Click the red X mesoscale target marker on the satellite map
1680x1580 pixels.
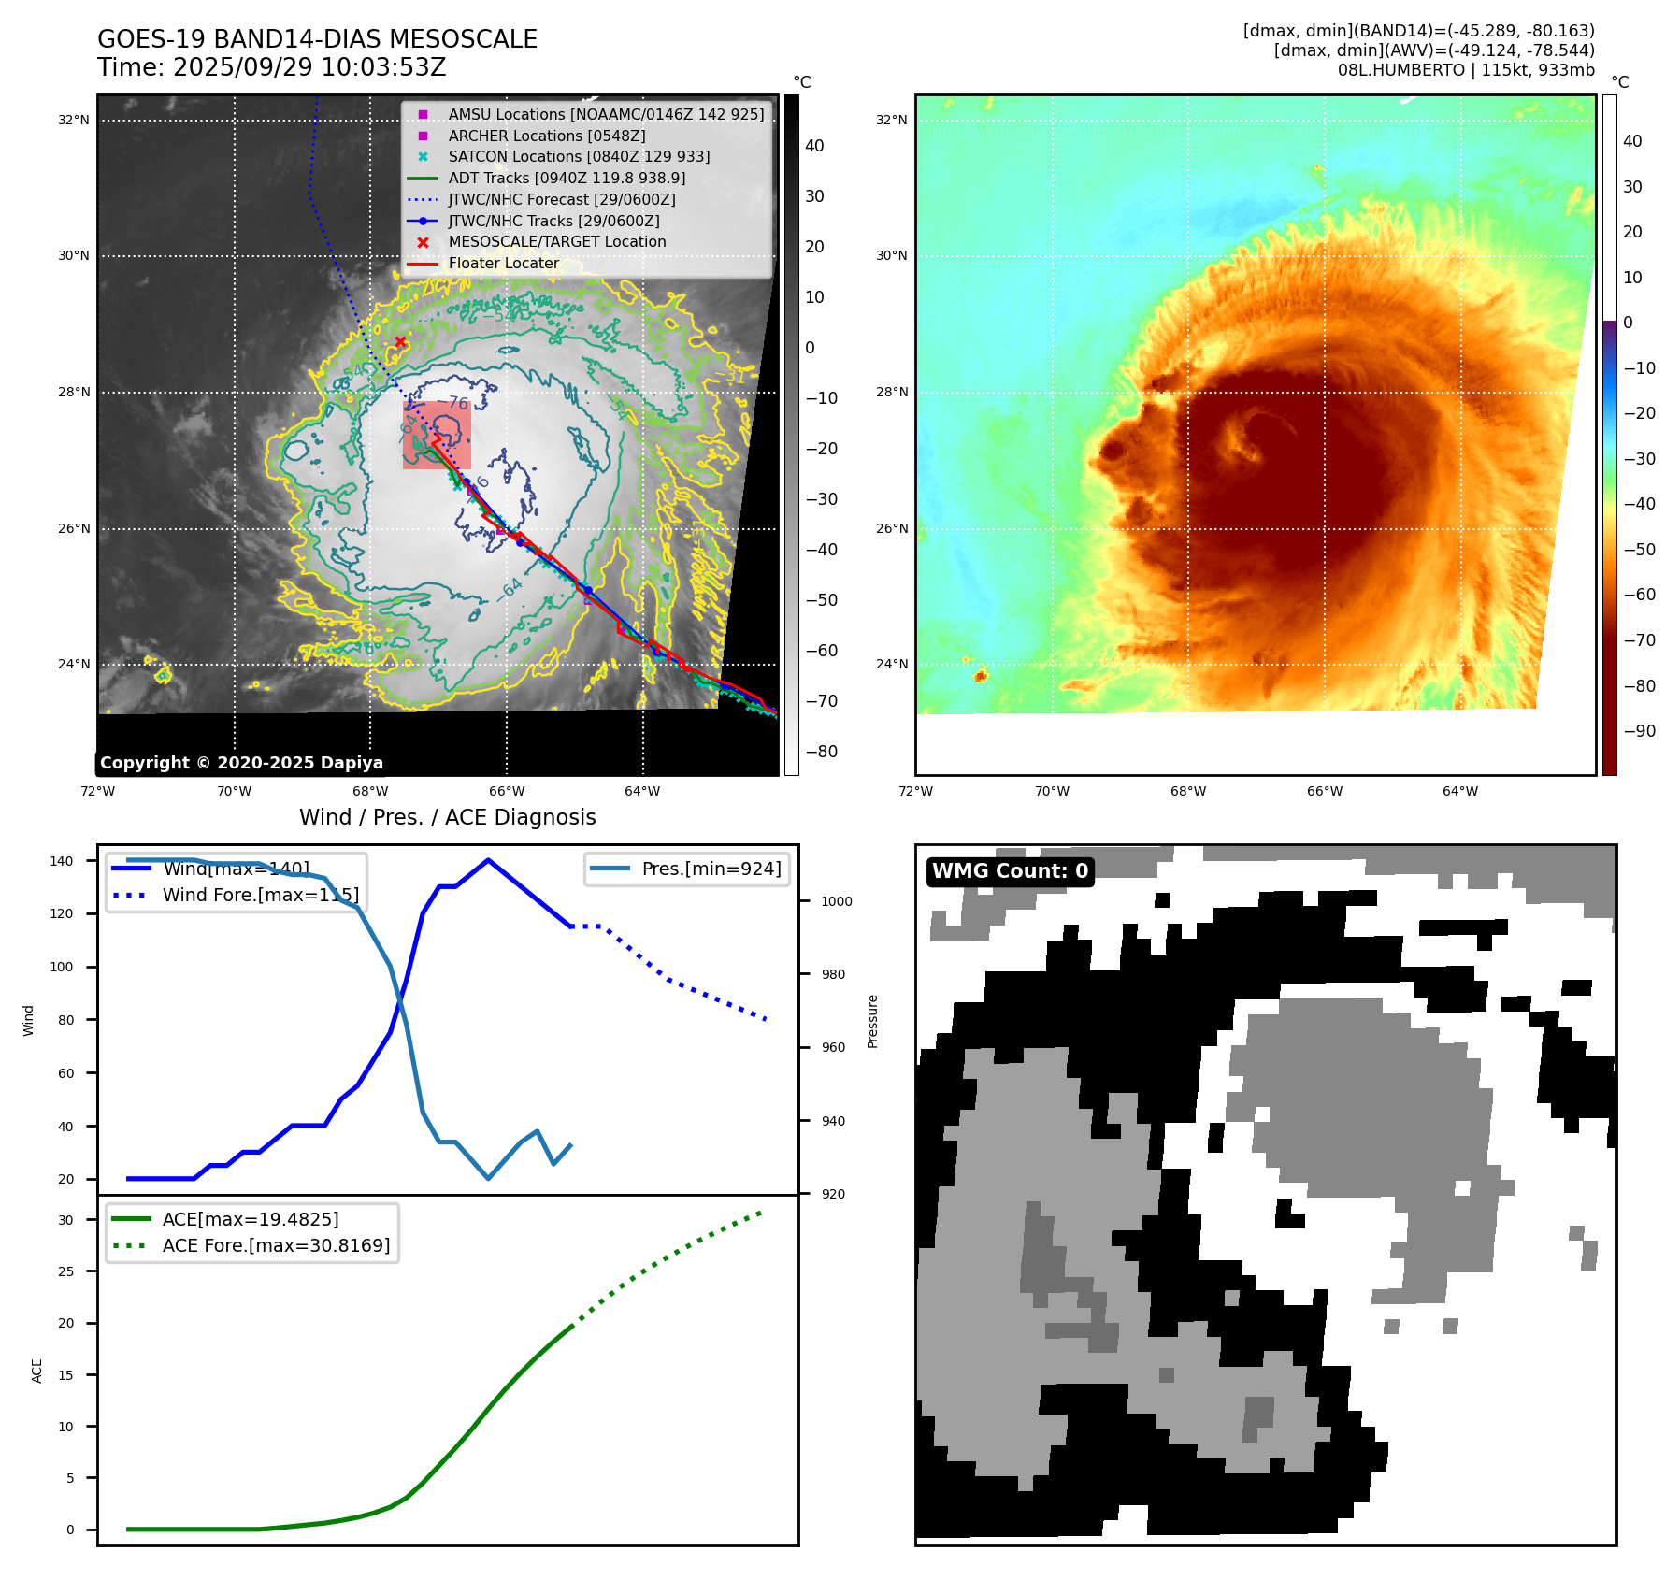click(x=400, y=341)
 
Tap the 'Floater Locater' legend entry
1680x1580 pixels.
click(x=503, y=264)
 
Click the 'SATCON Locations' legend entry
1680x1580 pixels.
click(x=579, y=157)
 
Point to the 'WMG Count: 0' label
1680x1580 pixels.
click(x=1010, y=871)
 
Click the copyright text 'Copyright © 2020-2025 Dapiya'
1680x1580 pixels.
click(x=241, y=763)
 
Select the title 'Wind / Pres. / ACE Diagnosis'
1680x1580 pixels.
click(x=447, y=817)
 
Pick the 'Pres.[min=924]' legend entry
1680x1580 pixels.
click(x=711, y=869)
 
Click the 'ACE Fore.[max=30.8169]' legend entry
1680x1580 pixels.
click(x=276, y=1245)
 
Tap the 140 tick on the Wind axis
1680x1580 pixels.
click(x=62, y=861)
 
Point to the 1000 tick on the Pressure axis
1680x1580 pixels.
click(x=836, y=901)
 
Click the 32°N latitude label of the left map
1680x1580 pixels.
click(x=74, y=120)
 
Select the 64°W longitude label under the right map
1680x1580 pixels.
click(x=1460, y=791)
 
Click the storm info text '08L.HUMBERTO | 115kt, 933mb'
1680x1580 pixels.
click(x=1465, y=70)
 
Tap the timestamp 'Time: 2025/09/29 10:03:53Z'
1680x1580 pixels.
click(x=272, y=67)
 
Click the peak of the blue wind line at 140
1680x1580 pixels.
click(x=488, y=860)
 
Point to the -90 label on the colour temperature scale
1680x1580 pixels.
click(x=1639, y=731)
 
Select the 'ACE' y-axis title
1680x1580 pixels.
click(x=37, y=1371)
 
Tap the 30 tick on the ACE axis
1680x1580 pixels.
click(x=65, y=1220)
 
